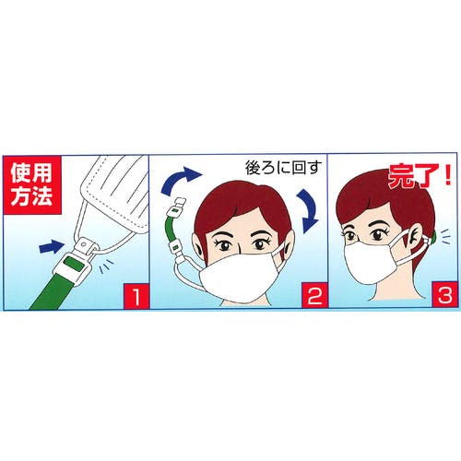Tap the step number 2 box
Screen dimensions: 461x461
pos(285,297)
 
